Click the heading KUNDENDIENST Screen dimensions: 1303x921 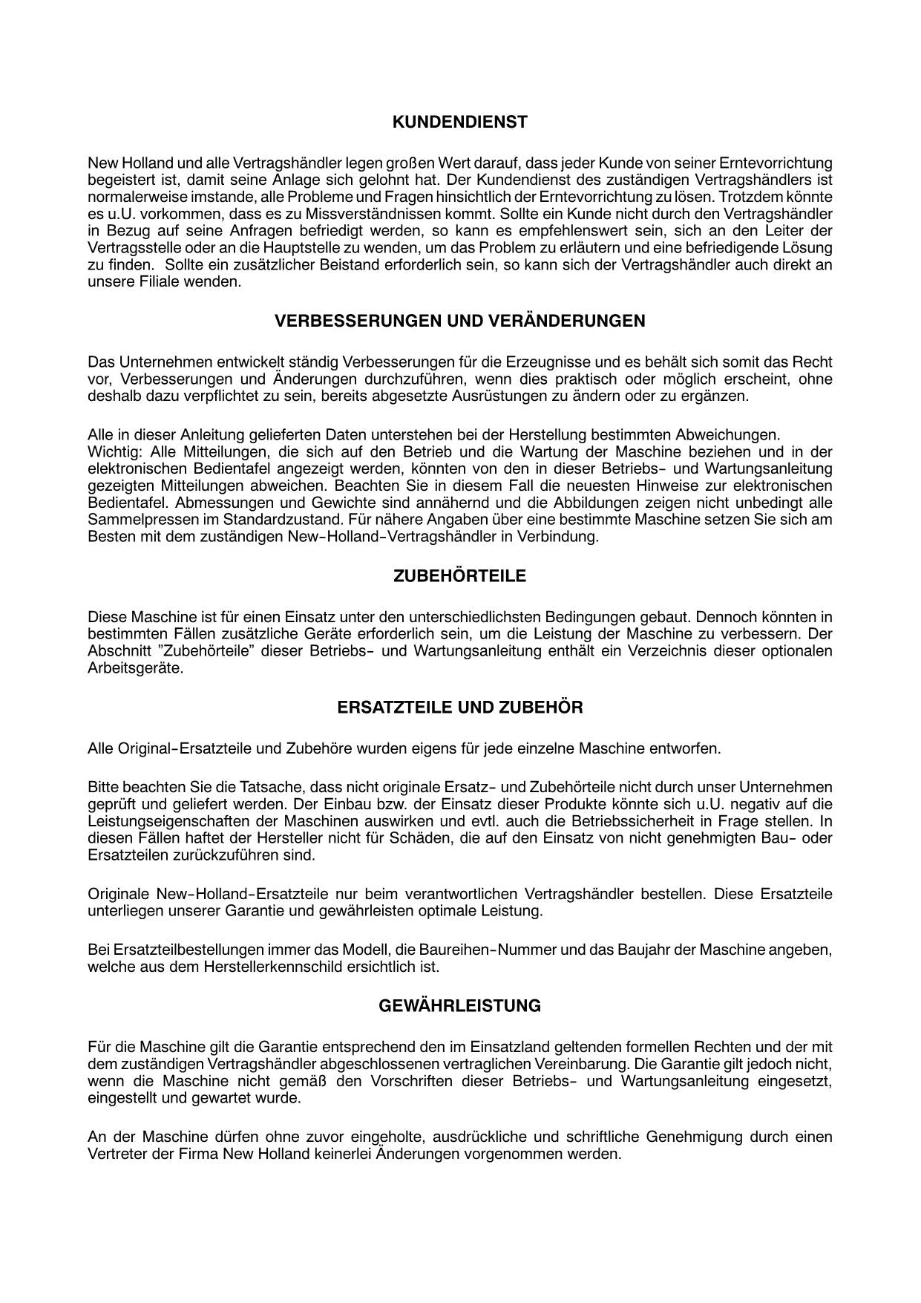tap(459, 123)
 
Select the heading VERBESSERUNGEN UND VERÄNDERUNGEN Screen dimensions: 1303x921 tap(459, 321)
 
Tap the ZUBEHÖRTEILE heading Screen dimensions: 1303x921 tap(459, 576)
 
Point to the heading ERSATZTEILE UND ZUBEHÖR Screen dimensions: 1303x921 tap(459, 708)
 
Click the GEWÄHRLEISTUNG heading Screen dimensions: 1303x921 tap(459, 1006)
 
